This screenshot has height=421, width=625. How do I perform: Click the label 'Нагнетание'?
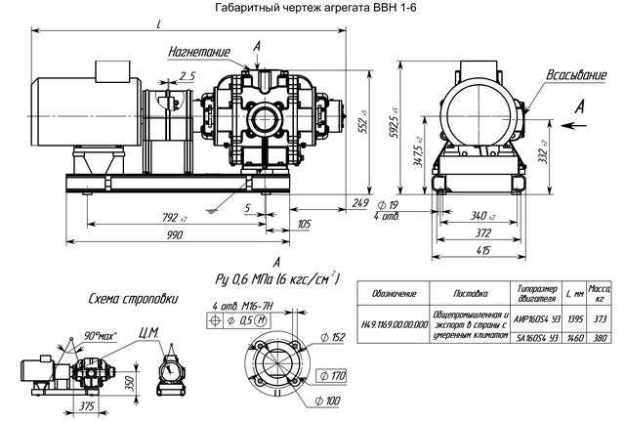click(199, 50)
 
